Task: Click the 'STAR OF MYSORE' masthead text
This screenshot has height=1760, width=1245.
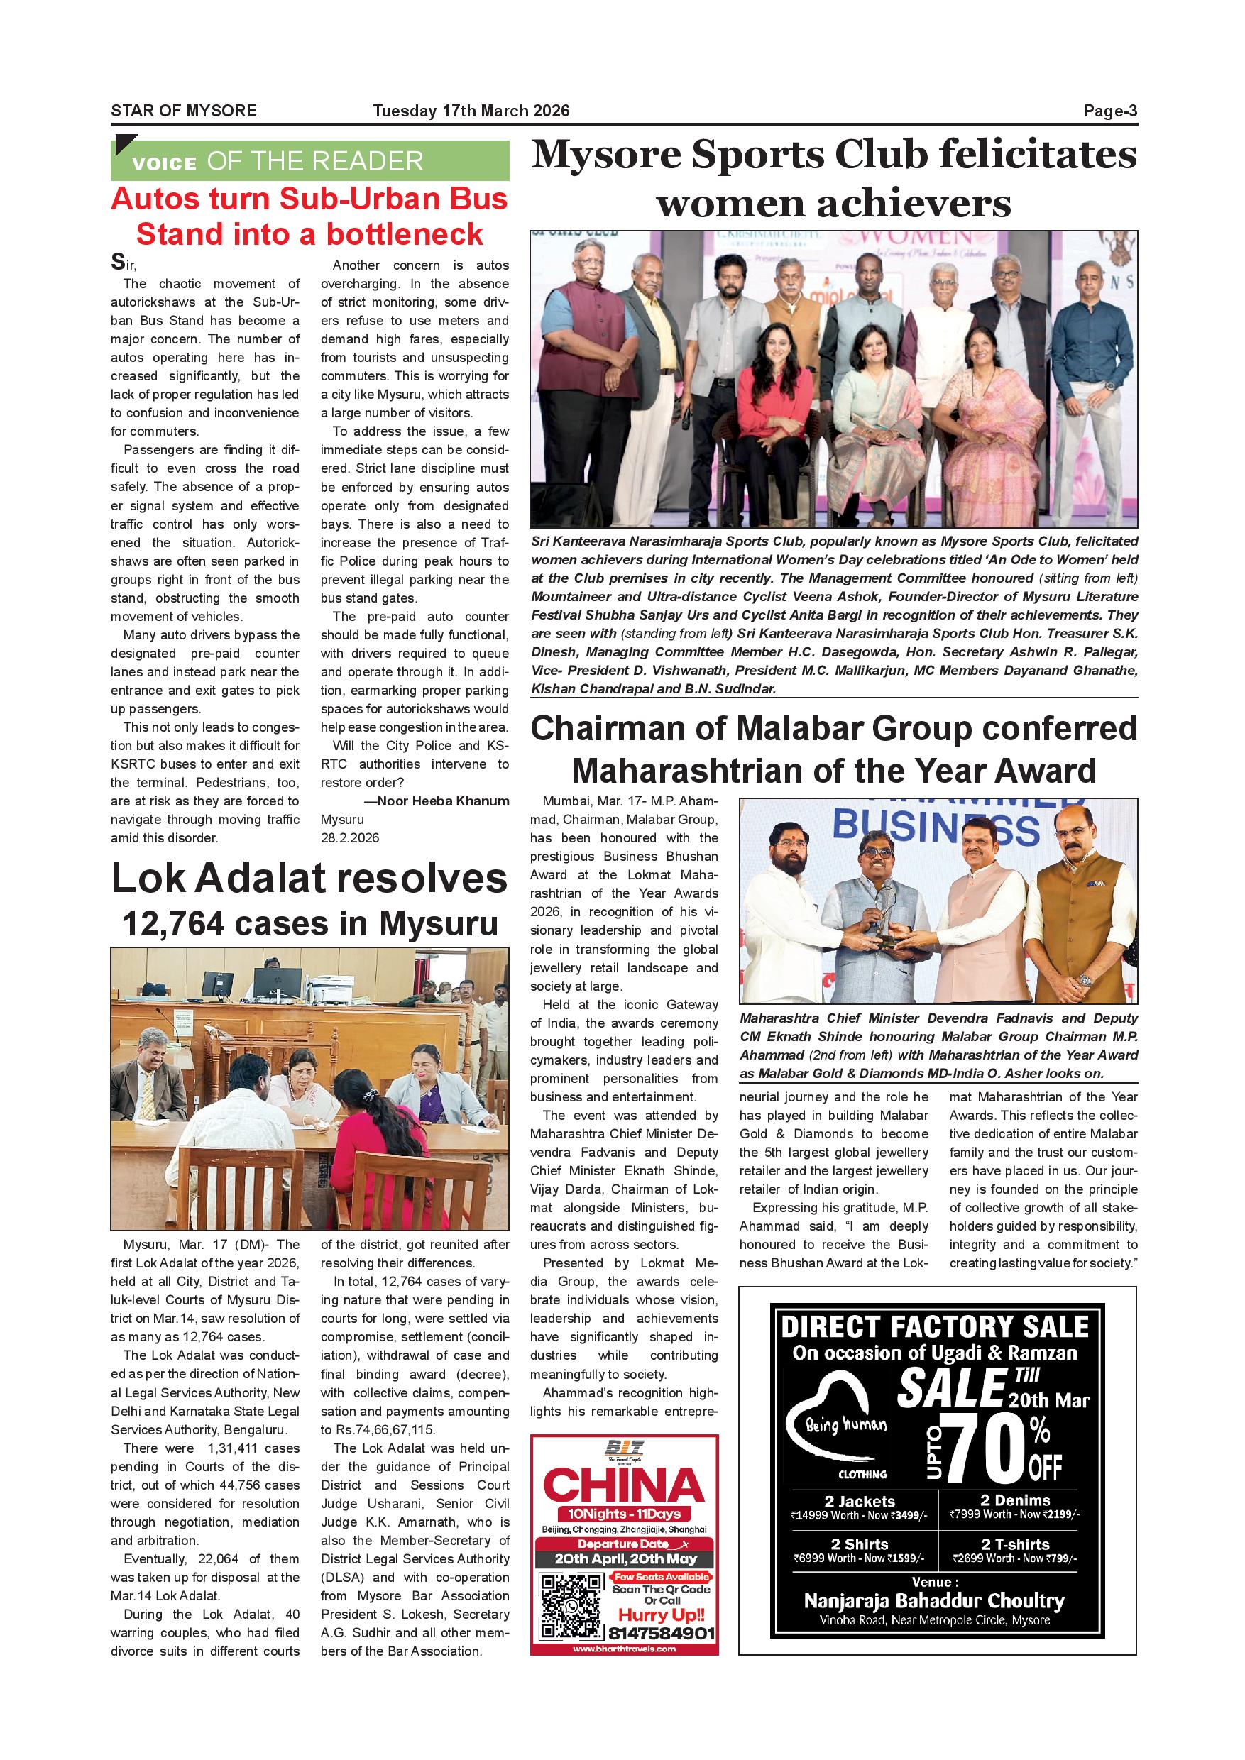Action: tap(183, 111)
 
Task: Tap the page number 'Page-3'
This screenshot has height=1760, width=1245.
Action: tap(1110, 111)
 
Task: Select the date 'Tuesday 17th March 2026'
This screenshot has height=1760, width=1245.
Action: tap(471, 111)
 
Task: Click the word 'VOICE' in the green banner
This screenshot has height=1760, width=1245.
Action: tap(164, 163)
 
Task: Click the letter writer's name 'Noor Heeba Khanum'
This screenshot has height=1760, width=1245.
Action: tap(443, 801)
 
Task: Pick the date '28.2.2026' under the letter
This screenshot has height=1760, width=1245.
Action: tap(350, 838)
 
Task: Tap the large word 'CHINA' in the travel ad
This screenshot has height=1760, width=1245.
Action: tap(623, 1485)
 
